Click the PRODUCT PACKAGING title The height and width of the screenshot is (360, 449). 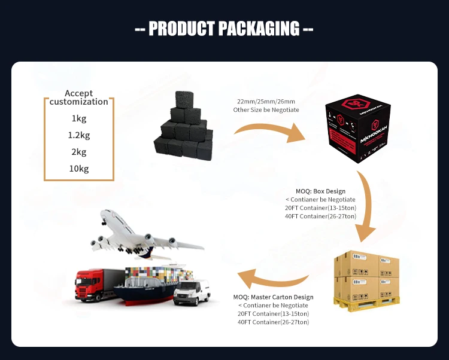point(224,28)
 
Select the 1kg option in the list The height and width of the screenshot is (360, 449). point(79,118)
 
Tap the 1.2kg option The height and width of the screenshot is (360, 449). point(79,135)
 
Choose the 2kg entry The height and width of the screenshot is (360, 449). point(79,152)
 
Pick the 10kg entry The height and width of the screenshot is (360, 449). point(79,169)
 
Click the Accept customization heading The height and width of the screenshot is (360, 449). point(79,97)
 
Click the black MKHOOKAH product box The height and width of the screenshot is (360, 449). point(355,133)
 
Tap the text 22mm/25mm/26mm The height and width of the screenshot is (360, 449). point(266,102)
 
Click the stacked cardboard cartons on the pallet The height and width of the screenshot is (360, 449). point(366,277)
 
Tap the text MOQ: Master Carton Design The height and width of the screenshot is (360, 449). point(273,297)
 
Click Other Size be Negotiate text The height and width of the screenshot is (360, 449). point(266,110)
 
